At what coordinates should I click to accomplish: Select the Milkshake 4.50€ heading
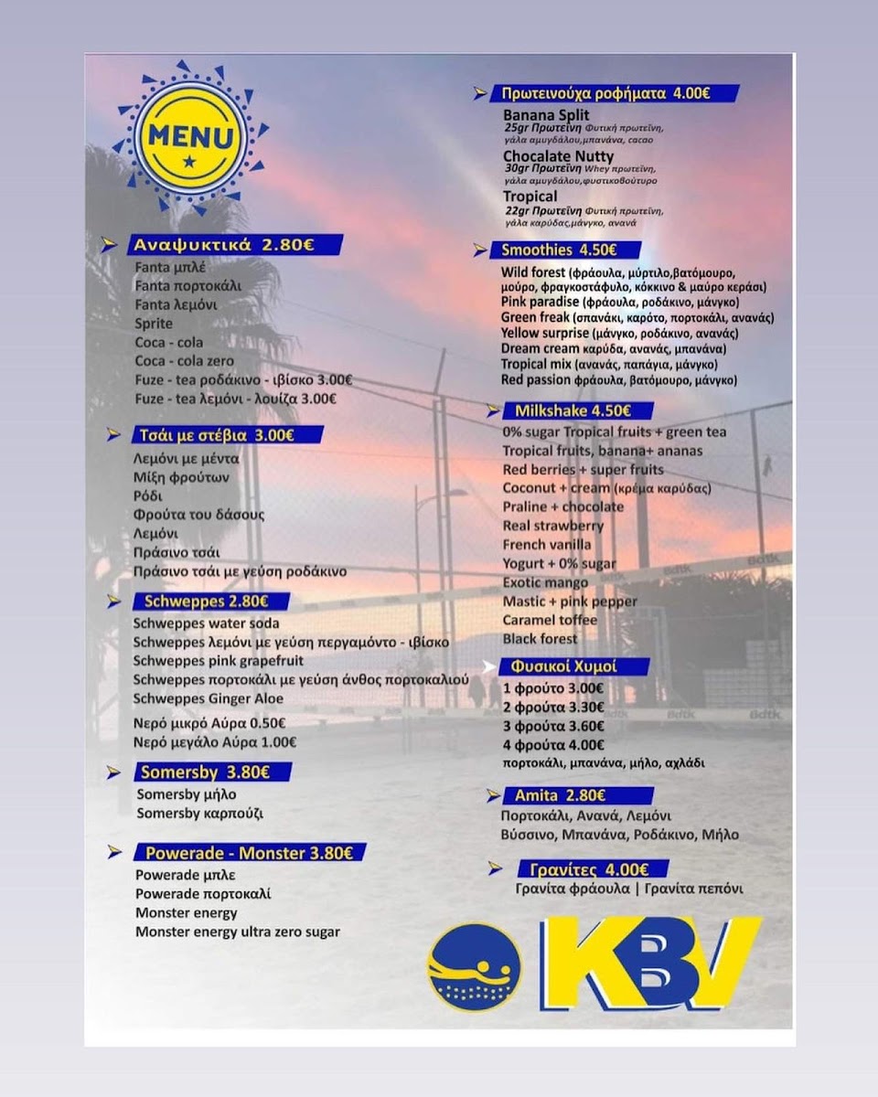572,410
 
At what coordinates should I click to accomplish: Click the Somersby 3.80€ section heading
205,772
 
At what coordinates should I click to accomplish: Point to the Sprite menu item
153,324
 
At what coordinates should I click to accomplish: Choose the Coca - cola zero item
184,361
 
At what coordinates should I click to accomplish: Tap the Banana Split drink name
546,116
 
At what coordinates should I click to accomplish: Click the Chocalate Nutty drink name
559,156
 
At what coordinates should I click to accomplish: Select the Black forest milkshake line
540,639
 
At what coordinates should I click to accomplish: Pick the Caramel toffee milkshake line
550,620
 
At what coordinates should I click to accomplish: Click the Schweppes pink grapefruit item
219,661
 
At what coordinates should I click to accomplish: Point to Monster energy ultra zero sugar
238,932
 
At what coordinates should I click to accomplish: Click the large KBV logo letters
650,963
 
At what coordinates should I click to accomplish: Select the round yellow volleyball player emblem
474,967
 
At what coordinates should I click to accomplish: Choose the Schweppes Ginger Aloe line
209,699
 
